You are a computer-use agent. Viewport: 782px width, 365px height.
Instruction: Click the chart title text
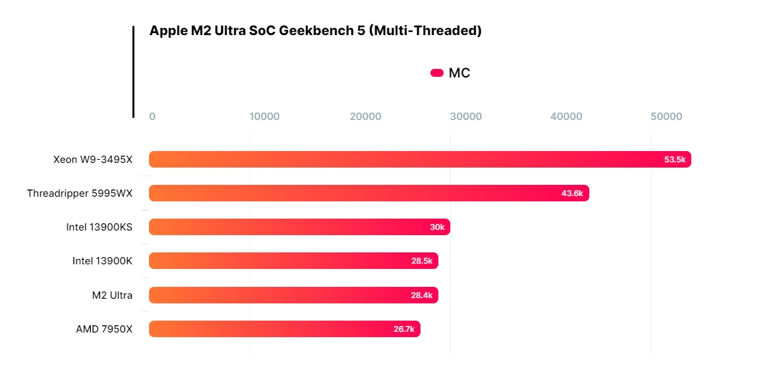point(315,30)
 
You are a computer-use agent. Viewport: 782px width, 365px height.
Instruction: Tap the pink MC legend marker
point(437,73)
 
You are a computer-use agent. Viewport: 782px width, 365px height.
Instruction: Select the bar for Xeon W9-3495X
point(420,160)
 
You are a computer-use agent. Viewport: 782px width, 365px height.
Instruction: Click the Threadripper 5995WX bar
point(369,193)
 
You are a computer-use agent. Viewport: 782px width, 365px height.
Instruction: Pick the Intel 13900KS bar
point(299,227)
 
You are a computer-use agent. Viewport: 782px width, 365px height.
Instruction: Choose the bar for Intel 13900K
point(293,261)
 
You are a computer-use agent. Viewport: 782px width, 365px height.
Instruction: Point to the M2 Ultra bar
point(293,295)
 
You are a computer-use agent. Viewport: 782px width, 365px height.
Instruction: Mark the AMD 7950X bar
point(285,329)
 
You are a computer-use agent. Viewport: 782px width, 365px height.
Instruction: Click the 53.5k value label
point(675,160)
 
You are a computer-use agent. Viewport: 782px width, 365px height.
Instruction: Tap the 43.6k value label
point(572,193)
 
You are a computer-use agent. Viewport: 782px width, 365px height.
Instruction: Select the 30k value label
point(437,227)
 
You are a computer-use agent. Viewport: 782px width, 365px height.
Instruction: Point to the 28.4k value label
point(422,295)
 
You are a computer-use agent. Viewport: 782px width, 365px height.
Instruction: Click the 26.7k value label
point(404,329)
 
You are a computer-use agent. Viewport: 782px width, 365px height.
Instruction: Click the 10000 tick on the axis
point(264,117)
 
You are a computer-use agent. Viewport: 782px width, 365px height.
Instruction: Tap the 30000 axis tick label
point(466,117)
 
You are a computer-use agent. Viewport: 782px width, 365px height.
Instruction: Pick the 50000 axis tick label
point(666,117)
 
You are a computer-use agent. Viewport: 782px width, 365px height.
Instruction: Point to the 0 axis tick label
point(152,117)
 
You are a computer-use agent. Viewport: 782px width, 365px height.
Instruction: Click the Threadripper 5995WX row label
point(79,193)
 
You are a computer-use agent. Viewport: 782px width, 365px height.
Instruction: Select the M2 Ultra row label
point(113,295)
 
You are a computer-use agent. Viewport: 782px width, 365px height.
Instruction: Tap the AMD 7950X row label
point(104,329)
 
